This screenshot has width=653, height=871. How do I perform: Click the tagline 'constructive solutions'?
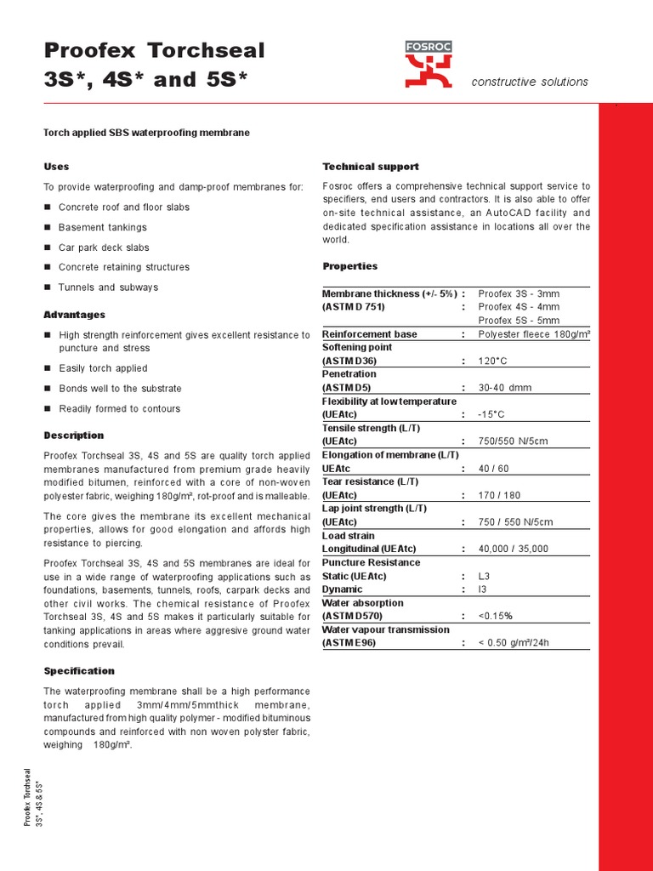coord(530,82)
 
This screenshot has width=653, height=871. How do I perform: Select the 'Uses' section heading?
coord(56,166)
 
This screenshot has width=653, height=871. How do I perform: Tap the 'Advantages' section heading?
coord(75,315)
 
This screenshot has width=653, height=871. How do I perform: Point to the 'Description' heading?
coord(74,435)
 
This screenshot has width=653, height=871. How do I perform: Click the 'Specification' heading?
coord(79,671)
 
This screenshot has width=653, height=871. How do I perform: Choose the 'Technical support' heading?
coord(371,166)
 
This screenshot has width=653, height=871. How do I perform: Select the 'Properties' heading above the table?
coord(350,266)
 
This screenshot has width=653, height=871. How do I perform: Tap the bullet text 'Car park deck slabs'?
coord(104,248)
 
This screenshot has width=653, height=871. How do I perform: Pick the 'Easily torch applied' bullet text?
coord(103,368)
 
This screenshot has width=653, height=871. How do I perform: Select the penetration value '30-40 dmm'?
coord(504,388)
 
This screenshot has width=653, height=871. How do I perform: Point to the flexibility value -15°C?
coord(491,414)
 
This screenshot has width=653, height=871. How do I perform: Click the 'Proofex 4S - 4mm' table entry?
coord(519,307)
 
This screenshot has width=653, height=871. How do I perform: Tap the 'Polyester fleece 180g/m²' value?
coord(534,334)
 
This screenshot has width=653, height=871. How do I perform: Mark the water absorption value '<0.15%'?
coord(495,616)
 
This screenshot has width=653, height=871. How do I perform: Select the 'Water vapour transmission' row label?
coord(385,629)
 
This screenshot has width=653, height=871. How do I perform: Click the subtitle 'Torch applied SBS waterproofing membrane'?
coord(146,133)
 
